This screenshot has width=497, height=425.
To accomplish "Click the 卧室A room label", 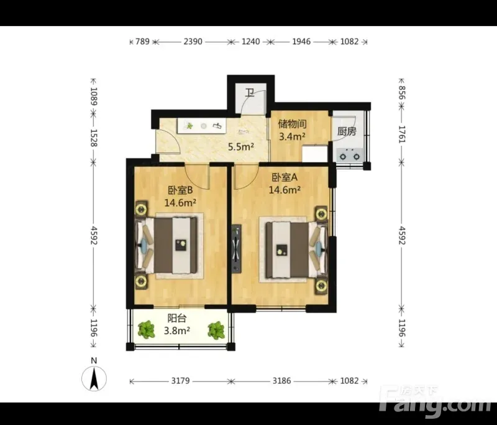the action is [x=285, y=177].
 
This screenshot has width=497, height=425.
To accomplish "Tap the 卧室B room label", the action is [x=180, y=190].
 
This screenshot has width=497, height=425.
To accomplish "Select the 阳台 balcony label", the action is [x=177, y=318].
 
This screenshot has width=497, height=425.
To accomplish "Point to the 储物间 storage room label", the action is [x=292, y=124].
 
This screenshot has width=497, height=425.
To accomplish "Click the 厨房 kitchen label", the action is [x=347, y=131].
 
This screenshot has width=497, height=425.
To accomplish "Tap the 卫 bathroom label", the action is [x=250, y=93].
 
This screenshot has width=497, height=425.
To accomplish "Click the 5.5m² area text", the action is [x=241, y=147].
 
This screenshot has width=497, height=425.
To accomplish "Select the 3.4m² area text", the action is [x=292, y=136].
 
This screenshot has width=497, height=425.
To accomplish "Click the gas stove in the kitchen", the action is [x=349, y=154].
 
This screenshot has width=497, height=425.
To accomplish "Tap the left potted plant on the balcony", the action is [x=146, y=329].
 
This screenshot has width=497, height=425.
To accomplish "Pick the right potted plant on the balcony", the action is [x=216, y=330].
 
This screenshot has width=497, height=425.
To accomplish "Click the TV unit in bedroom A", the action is [x=236, y=249].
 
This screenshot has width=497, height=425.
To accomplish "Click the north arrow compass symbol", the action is [x=94, y=378].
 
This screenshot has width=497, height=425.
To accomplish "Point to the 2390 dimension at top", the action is [x=193, y=42].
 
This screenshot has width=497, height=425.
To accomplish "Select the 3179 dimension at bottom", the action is [x=180, y=381].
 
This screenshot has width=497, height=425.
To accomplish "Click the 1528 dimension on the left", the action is [x=93, y=138].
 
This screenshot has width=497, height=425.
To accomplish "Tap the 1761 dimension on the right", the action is [x=402, y=134].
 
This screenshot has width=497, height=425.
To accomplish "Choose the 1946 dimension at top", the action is [x=301, y=42].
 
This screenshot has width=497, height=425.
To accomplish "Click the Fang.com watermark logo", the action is [x=436, y=402].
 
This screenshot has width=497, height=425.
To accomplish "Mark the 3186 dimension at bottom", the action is [x=281, y=381].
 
